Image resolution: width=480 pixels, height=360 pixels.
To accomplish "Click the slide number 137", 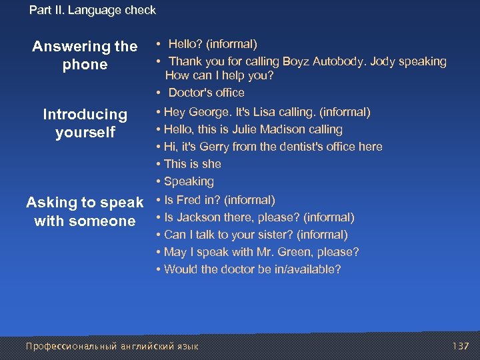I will (x=461, y=346).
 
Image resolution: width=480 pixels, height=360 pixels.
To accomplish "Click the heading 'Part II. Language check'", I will (x=93, y=10).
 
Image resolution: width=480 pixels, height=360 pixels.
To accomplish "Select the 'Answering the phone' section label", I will (x=85, y=55).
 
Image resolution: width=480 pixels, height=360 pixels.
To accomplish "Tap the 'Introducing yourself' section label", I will (x=85, y=123).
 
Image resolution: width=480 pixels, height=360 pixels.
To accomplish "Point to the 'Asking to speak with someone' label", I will (x=85, y=211).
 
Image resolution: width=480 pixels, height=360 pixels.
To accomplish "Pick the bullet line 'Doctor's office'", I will (x=205, y=93).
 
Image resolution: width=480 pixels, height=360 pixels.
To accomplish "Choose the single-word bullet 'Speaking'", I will (x=189, y=181).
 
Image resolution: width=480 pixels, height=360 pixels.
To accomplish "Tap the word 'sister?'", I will (x=273, y=235).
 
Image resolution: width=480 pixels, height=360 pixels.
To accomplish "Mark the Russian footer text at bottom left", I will (x=111, y=346).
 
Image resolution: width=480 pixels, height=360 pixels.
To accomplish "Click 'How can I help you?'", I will (x=219, y=76).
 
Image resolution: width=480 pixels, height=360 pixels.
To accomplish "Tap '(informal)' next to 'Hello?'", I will (x=231, y=44).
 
